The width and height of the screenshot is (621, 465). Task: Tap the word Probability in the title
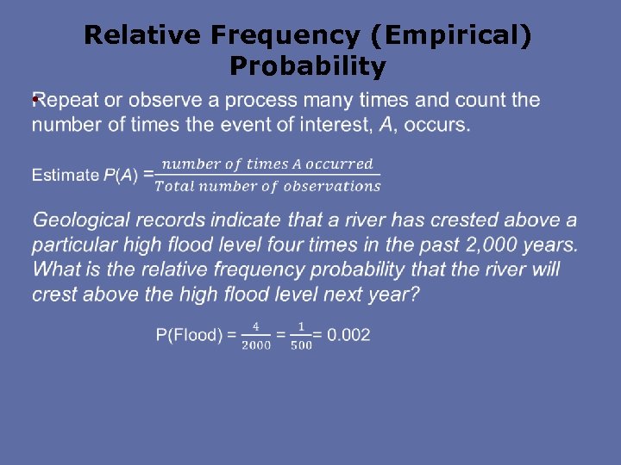coord(308,66)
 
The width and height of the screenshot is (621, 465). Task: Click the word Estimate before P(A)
coord(66,176)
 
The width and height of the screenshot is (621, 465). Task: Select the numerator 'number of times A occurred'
coord(267,164)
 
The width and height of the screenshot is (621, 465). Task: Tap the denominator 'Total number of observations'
coord(272,186)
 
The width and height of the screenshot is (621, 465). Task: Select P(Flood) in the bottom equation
coord(189,335)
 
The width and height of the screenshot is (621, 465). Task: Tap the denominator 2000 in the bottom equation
coord(256,345)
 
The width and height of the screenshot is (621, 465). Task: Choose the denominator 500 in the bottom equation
coord(301,345)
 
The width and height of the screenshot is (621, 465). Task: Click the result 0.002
coord(349,335)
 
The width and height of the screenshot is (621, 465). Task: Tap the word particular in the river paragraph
coord(76,245)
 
